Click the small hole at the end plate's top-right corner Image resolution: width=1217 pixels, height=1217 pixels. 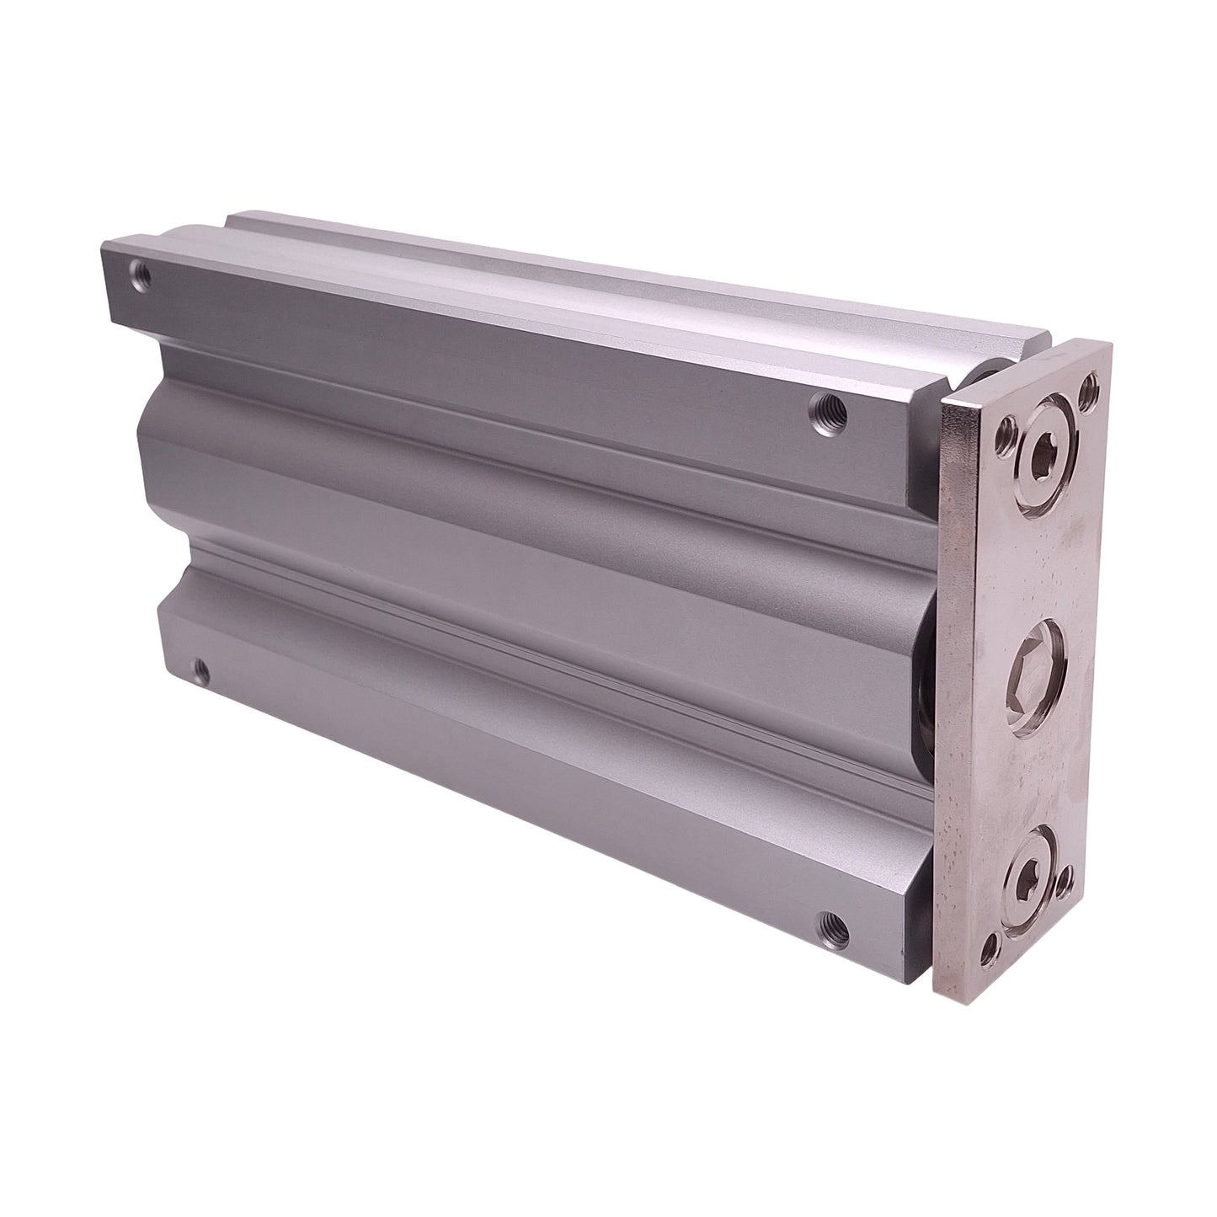pos(1090,388)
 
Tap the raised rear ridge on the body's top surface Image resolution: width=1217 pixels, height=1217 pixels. pos(590,270)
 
